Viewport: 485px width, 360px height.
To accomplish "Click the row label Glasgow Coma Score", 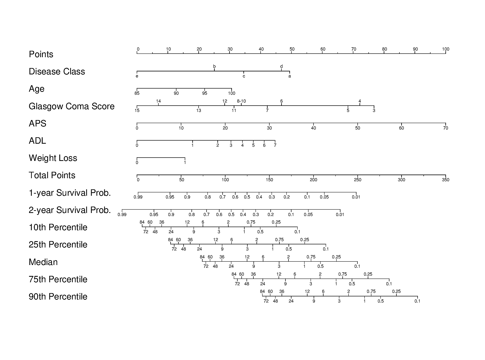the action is pos(71,106).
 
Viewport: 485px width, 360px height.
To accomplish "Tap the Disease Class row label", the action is pos(57,72).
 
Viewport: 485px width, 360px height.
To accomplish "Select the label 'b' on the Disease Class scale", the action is pos(214,66).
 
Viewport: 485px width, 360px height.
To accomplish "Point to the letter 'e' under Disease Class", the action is pos(137,76).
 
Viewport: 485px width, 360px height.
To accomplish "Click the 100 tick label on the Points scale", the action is pos(446,49).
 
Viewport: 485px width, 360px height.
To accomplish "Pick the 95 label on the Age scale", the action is pos(205,93).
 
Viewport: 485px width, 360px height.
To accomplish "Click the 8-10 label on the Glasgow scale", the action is pos(241,101).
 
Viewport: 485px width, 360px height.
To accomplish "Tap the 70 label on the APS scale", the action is pos(446,128).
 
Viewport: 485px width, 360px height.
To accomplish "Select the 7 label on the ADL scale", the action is pos(275,145).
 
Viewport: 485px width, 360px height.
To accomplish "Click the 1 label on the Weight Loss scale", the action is pos(185,162).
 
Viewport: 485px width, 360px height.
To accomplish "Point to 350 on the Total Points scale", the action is pos(445,180).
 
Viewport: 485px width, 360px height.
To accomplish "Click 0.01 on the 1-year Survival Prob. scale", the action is pos(356,197).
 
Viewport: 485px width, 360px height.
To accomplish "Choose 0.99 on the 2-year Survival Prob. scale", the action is pos(122,214).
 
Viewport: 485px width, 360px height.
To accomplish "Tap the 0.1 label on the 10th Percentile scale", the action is pos(298,232).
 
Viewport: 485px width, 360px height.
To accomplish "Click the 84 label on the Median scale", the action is pos(202,257).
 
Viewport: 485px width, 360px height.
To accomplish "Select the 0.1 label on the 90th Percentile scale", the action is pos(418,301).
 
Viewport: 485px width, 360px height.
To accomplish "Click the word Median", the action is pos(43,262).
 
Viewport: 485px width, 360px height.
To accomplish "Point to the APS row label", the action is pos(37,123).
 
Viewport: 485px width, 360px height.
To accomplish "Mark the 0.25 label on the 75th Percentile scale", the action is pos(368,274).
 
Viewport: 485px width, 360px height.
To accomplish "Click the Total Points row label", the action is pos(52,175).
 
